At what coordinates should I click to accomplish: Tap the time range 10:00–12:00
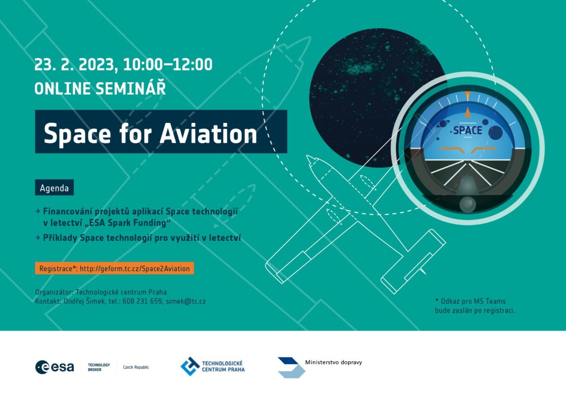pos(168,65)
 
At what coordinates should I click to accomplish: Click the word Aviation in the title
pos(208,134)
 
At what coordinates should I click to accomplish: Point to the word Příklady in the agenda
pos(60,238)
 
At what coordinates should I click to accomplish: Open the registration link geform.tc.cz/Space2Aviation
pos(135,268)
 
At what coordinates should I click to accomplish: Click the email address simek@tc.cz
pos(186,301)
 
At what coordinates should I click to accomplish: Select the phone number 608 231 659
pos(142,301)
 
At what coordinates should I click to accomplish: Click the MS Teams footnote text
pos(475,306)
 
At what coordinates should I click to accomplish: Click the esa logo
pos(55,367)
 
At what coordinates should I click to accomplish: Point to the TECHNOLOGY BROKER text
pos(99,367)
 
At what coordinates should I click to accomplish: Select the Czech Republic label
pos(136,367)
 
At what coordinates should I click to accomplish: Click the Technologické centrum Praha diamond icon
pos(190,366)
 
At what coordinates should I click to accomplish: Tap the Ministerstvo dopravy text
pos(333,362)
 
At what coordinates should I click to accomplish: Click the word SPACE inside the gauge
pos(467,130)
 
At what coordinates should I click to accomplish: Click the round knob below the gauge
pos(467,204)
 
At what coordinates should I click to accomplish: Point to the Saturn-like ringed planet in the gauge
pos(443,123)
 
